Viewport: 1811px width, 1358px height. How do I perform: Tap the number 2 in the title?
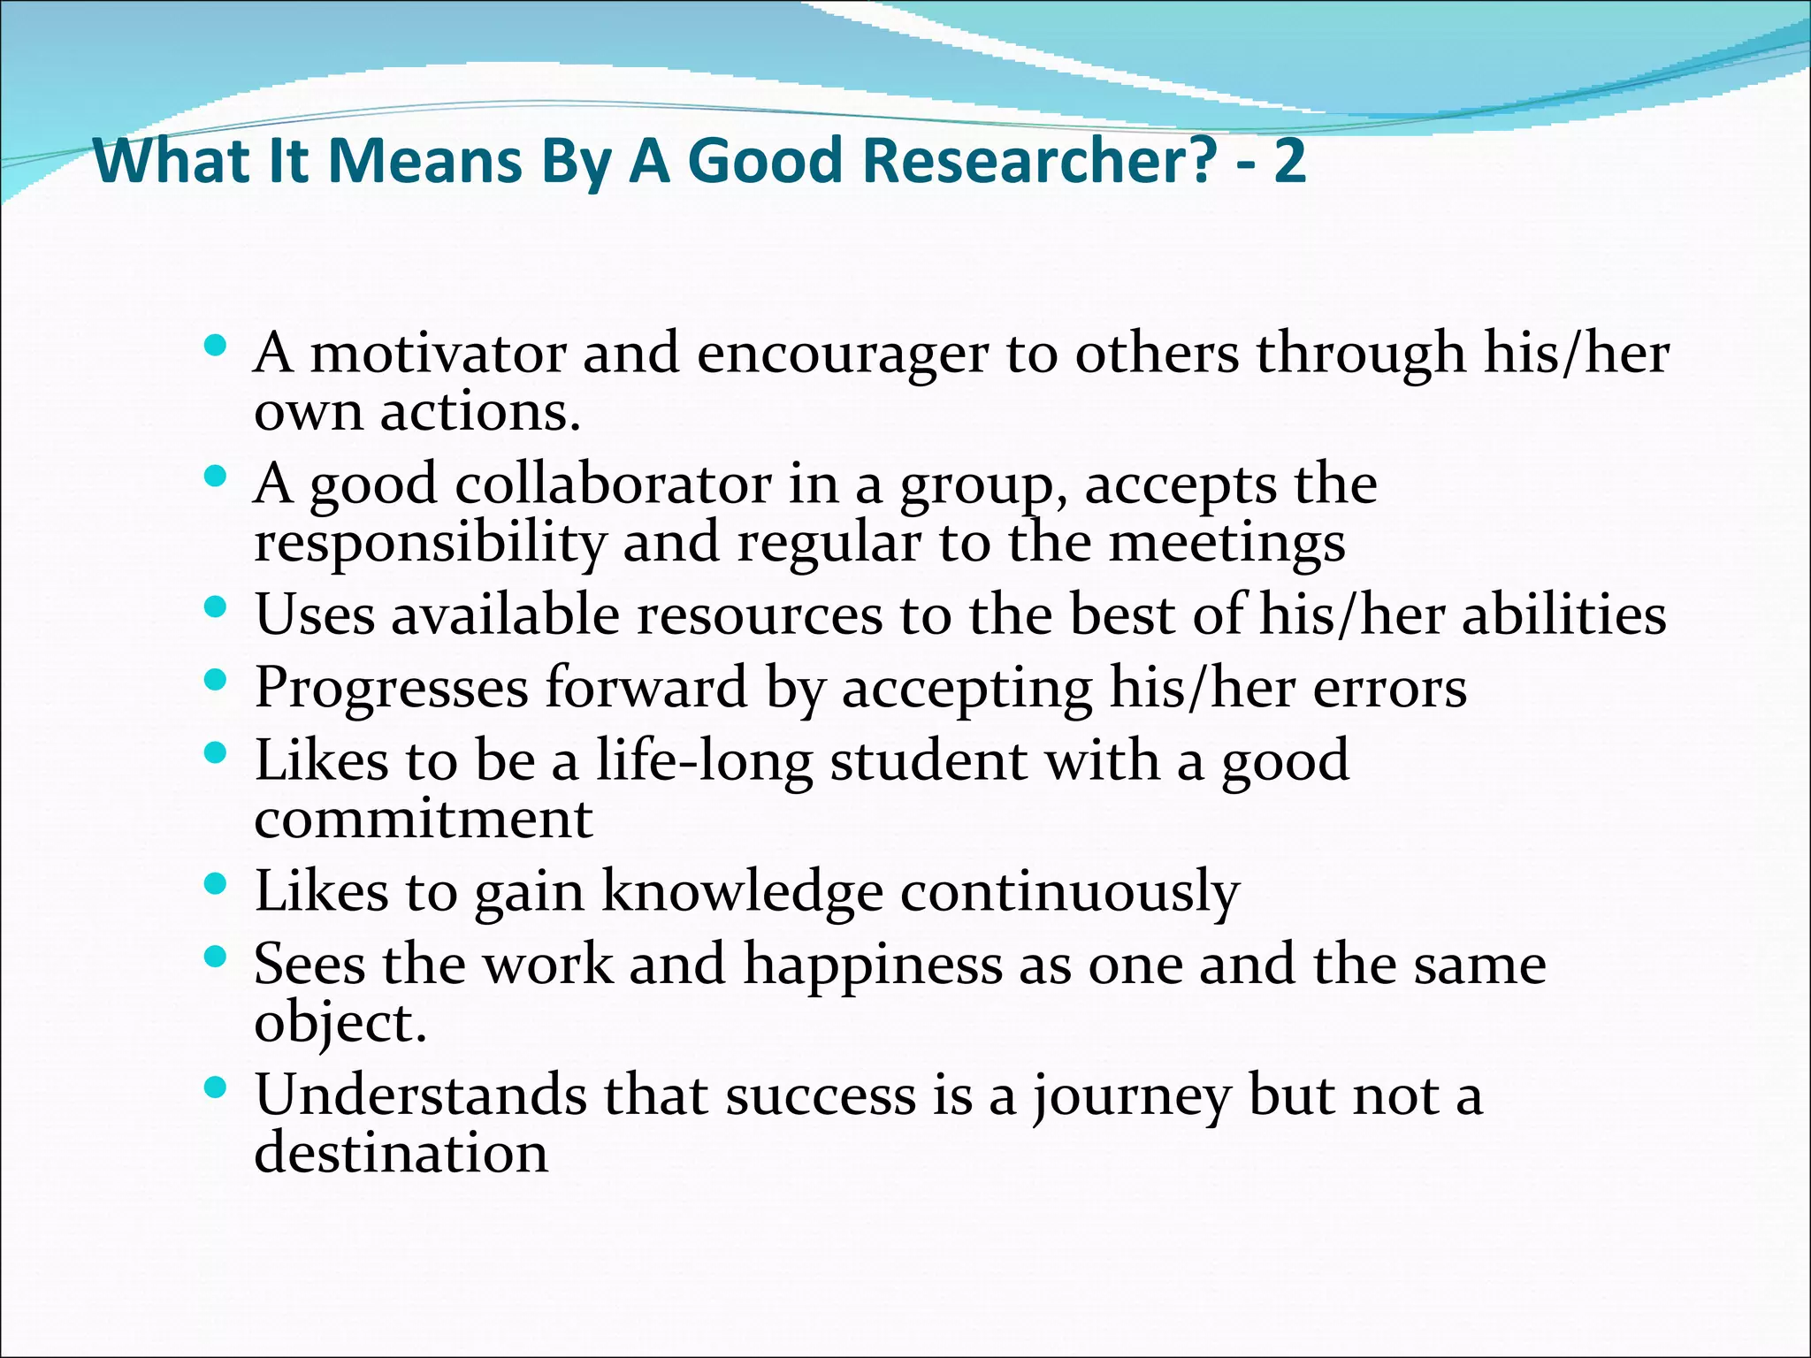1289,162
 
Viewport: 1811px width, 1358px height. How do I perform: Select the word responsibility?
430,542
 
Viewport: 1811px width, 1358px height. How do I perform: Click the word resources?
760,614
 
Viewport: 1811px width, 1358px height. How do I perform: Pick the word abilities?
1563,614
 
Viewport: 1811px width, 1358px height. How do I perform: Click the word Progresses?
391,689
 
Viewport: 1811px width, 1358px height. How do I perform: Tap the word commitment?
424,820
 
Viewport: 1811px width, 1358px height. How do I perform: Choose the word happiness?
873,965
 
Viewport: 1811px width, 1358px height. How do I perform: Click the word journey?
1133,1097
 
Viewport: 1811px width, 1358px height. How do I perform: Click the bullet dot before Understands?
215,1085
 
